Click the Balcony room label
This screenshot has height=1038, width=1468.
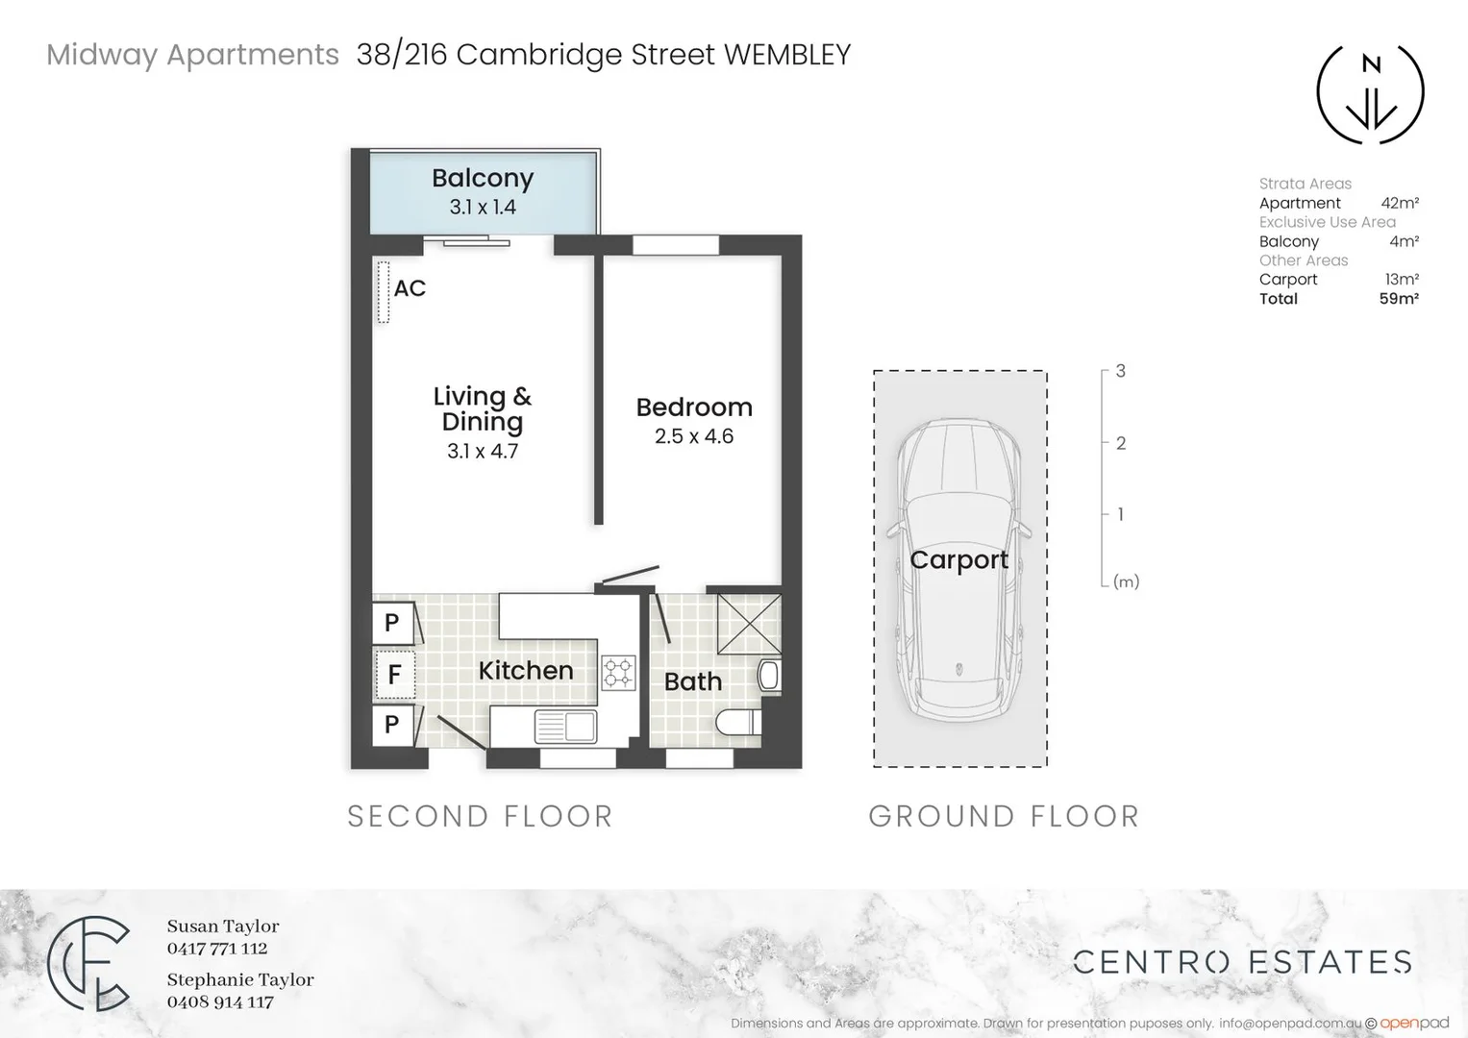point(482,178)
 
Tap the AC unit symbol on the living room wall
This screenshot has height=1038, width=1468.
point(383,292)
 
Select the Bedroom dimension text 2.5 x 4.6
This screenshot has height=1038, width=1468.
point(693,436)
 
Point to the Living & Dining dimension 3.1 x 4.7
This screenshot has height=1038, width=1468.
point(482,451)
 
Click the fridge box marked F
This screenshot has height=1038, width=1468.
point(393,674)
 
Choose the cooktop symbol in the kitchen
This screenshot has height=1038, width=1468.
point(618,673)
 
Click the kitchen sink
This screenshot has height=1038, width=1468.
point(564,727)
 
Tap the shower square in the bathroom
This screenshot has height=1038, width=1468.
point(749,623)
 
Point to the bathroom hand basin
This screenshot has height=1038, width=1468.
point(769,675)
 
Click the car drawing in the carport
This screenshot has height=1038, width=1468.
point(958,572)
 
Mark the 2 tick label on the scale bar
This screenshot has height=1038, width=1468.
point(1120,443)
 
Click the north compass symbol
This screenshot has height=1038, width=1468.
point(1370,93)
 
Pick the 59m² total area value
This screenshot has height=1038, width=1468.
point(1399,299)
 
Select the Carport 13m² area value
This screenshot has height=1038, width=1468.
point(1402,280)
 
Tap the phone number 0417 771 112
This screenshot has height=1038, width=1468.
point(217,949)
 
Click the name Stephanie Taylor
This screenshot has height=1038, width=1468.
point(240,979)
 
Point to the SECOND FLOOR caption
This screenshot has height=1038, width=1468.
point(480,817)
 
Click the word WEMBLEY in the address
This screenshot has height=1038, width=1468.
point(786,55)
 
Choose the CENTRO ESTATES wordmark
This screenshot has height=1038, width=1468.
point(1242,962)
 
